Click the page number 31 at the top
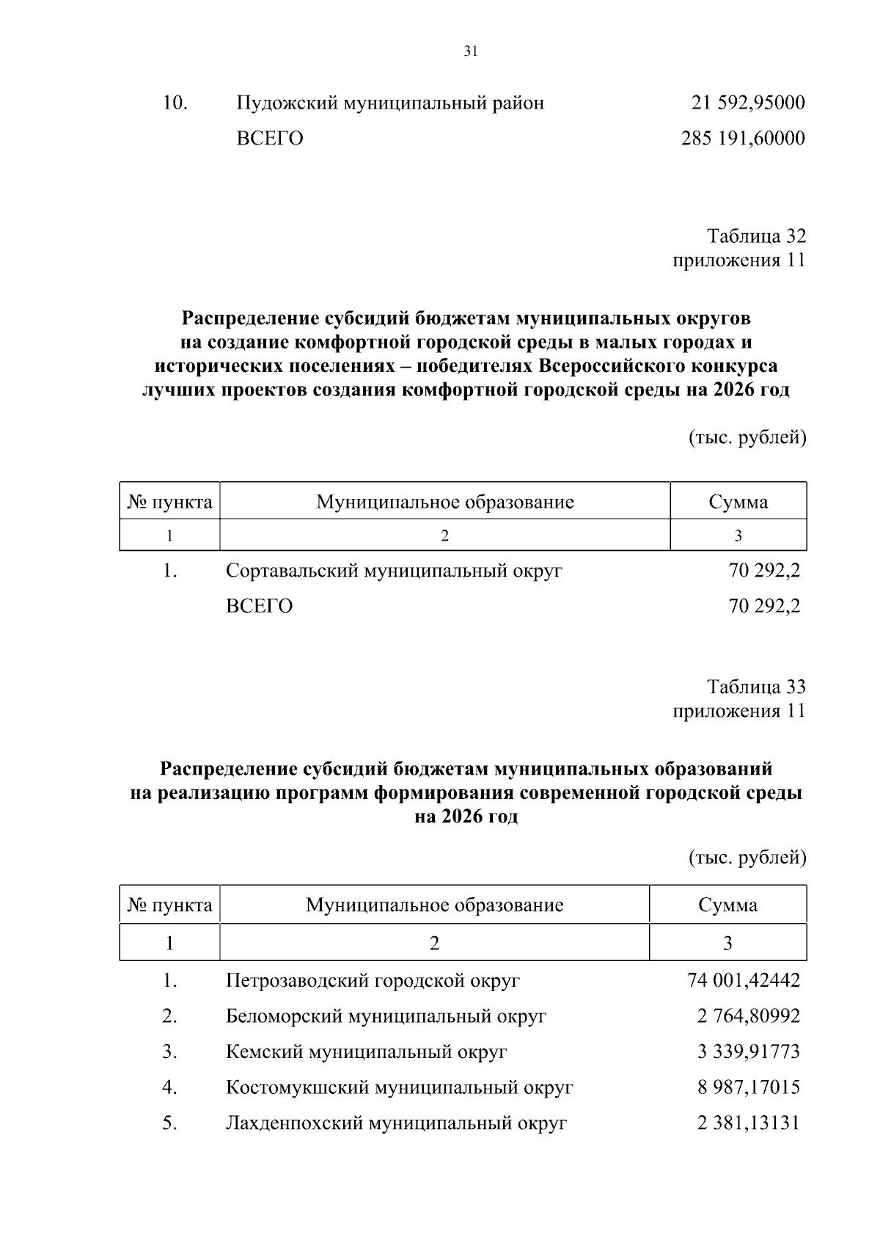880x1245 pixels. [471, 51]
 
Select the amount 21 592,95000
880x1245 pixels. [748, 103]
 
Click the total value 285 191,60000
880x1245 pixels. [743, 138]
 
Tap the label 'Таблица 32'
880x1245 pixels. [756, 236]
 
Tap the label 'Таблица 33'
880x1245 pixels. [756, 687]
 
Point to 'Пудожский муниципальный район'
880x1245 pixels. [390, 103]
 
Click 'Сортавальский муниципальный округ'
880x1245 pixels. [394, 570]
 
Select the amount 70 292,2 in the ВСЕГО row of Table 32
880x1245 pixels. [764, 606]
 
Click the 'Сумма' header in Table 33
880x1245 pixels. [727, 905]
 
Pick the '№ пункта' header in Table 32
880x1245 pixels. [170, 502]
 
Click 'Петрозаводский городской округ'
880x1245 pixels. [373, 980]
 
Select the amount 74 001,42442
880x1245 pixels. [744, 980]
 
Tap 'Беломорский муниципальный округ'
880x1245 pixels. [386, 1016]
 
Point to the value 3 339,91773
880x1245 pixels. [748, 1051]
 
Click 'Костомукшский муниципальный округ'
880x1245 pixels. [399, 1087]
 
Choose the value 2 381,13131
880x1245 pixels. [748, 1122]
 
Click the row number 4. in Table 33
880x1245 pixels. [170, 1087]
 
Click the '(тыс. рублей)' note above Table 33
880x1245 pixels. [747, 857]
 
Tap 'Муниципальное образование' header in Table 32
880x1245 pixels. [444, 502]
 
